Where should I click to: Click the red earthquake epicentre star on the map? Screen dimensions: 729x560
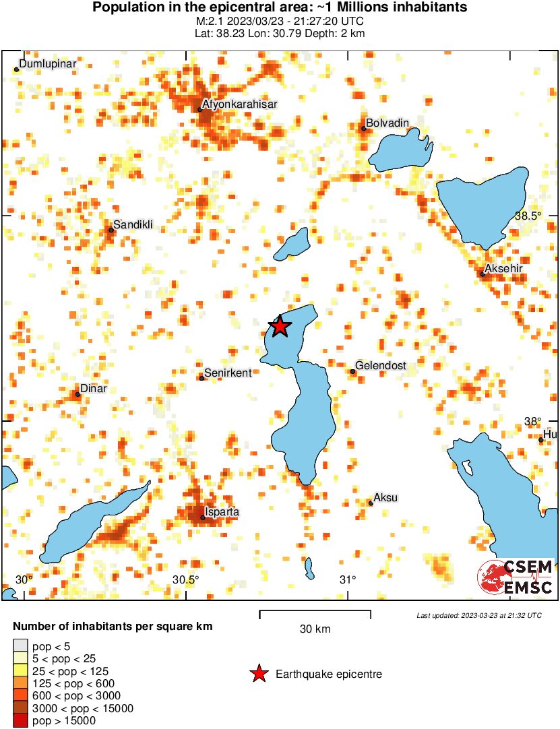click(x=279, y=327)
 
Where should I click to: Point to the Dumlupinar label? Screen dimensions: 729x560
click(x=48, y=63)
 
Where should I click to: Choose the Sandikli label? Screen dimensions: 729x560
click(x=133, y=224)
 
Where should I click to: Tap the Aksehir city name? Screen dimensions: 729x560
click(x=504, y=269)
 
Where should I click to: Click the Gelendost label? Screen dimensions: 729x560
click(x=381, y=366)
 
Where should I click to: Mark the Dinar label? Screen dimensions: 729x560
click(x=94, y=389)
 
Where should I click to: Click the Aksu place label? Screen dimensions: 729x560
click(x=385, y=498)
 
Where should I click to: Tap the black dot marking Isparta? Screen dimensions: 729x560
click(x=203, y=517)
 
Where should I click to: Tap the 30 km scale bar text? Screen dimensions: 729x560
click(x=315, y=629)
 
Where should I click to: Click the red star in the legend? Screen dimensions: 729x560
click(x=258, y=674)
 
